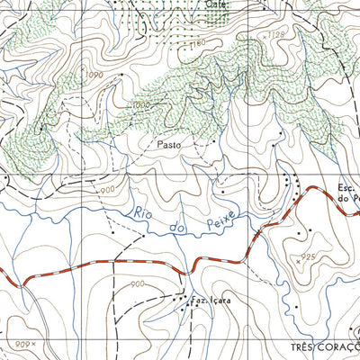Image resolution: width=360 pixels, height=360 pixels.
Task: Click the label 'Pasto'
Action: coord(169,143)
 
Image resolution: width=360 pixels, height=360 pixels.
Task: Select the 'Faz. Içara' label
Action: coord(208,301)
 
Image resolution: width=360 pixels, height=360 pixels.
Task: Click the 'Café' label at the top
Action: coord(217,5)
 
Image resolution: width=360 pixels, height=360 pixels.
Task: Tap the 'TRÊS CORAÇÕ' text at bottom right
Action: coord(325,346)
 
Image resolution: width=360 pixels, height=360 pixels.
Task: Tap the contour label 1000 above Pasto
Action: coord(139,104)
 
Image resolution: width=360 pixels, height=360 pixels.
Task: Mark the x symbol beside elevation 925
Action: coord(298,257)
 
